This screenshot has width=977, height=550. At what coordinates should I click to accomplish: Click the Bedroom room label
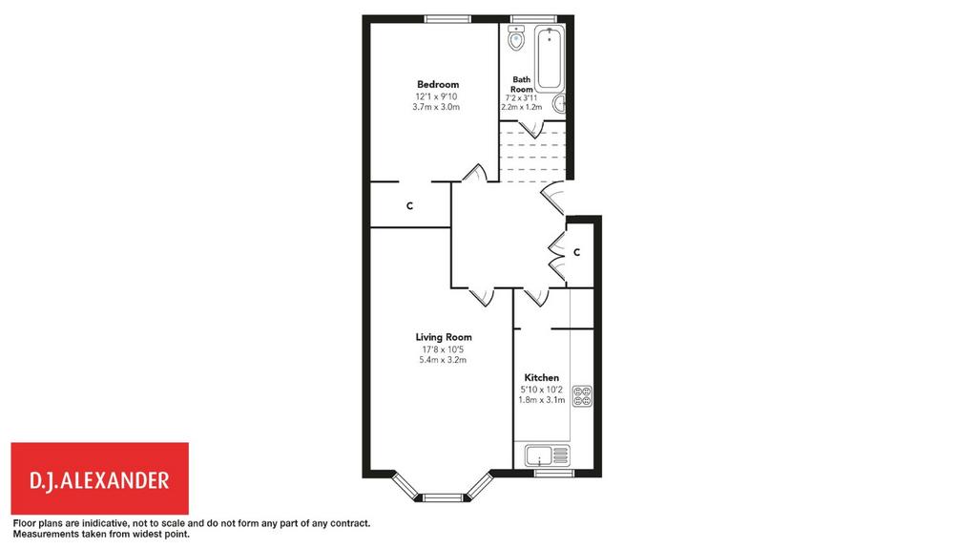(438, 84)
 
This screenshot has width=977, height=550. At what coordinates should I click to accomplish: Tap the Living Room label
(444, 337)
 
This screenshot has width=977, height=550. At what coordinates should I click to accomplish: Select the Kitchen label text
(542, 377)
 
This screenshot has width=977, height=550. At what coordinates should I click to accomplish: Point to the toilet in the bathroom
(516, 38)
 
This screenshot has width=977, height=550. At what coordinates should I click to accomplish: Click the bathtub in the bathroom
(550, 58)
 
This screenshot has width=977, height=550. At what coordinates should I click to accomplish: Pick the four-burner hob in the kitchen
(582, 396)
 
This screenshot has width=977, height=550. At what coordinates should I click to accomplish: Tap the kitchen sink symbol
(547, 455)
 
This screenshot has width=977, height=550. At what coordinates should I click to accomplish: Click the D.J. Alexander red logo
(99, 478)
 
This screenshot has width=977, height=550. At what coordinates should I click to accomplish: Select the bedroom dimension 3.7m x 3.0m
(436, 107)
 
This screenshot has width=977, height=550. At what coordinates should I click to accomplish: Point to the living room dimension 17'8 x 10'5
(443, 349)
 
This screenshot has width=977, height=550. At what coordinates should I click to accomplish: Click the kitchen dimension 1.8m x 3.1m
(542, 400)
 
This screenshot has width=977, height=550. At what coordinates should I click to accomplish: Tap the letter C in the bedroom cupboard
(409, 206)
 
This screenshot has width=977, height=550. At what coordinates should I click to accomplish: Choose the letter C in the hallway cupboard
(577, 252)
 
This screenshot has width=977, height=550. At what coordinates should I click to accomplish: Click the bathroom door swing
(532, 130)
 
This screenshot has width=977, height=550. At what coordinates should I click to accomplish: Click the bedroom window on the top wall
(447, 19)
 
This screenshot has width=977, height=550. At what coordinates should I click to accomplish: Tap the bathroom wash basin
(559, 103)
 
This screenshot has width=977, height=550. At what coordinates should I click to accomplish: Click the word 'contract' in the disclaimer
(351, 524)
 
